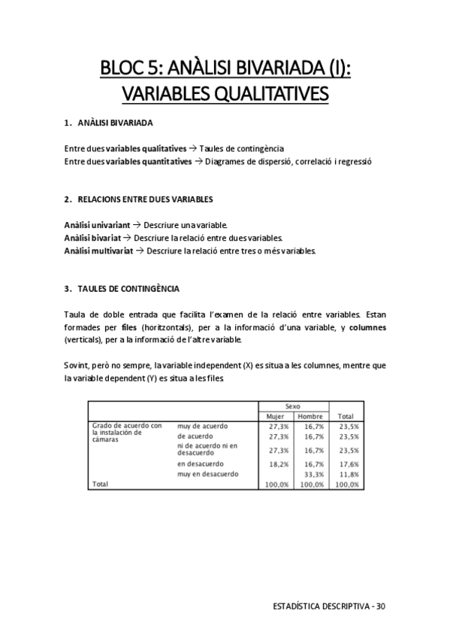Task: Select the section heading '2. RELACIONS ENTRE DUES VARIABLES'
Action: tap(138, 199)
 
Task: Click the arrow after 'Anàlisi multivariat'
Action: tap(140, 251)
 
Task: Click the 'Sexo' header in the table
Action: tap(292, 406)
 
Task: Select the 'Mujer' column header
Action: tap(275, 416)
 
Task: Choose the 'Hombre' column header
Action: tap(310, 416)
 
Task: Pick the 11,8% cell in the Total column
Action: tap(347, 475)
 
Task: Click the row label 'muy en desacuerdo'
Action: tap(208, 474)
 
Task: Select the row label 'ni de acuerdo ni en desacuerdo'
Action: tap(207, 450)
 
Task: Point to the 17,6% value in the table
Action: tap(347, 465)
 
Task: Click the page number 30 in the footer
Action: tap(381, 605)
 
